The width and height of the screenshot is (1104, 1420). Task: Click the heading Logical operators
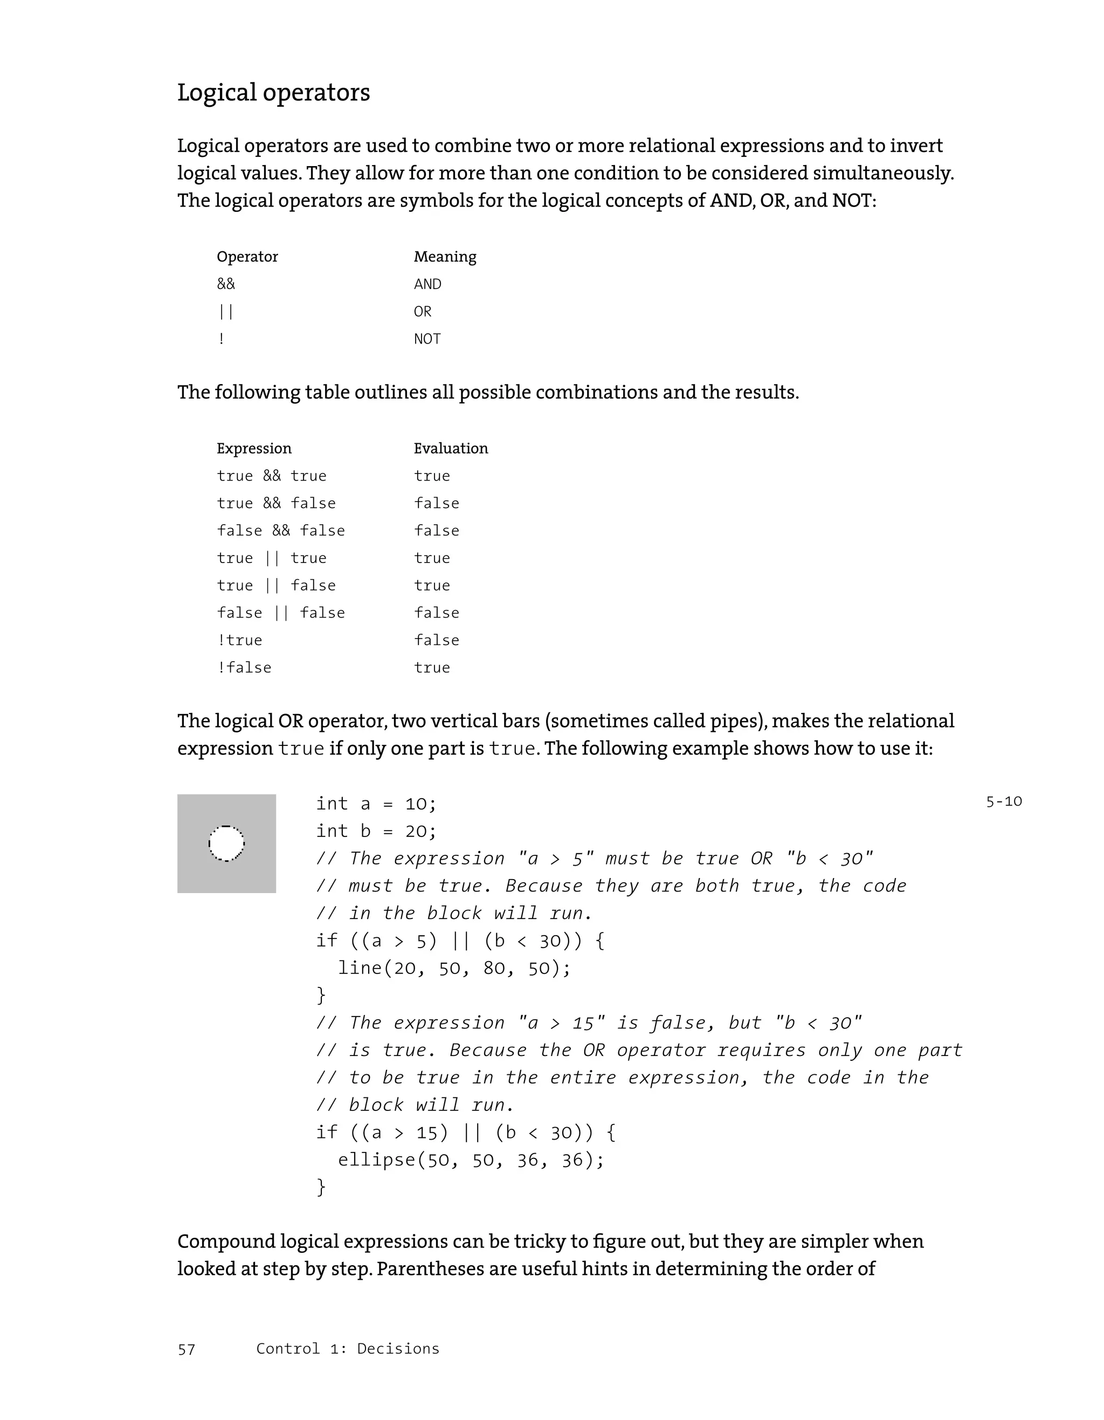click(273, 92)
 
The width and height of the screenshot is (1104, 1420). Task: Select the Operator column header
click(247, 257)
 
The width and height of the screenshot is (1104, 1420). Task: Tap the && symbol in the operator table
click(225, 284)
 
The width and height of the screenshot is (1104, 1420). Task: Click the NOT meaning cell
click(427, 339)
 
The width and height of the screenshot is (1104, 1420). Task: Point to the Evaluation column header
click(450, 449)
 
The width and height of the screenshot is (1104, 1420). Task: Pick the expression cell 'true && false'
click(275, 503)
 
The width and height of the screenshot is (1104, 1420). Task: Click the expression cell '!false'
click(244, 668)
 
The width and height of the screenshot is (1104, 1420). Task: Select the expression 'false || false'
click(280, 613)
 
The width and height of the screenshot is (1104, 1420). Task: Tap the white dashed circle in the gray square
click(226, 843)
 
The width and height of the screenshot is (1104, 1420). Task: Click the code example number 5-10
click(1003, 801)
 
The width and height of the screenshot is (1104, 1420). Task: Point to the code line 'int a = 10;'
click(376, 804)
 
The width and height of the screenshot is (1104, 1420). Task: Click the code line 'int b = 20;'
click(376, 832)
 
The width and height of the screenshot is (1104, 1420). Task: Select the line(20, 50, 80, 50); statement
click(453, 968)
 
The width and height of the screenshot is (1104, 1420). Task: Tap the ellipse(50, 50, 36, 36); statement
click(471, 1160)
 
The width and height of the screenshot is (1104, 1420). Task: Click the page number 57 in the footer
click(186, 1350)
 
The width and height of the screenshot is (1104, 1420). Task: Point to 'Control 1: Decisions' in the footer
click(347, 1349)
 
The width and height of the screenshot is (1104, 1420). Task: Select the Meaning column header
click(445, 257)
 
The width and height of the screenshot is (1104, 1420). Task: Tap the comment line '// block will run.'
click(415, 1105)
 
